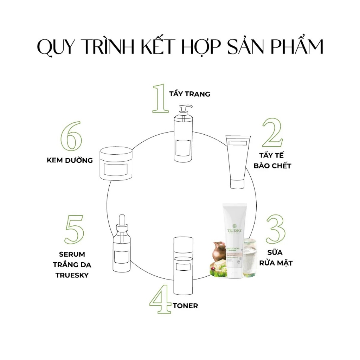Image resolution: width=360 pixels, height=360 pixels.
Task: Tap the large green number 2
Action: click(x=272, y=133)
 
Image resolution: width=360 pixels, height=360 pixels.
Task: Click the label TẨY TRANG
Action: click(x=189, y=94)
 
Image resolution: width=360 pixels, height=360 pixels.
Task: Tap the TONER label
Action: click(x=185, y=306)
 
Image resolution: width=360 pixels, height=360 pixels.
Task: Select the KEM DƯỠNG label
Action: click(x=70, y=160)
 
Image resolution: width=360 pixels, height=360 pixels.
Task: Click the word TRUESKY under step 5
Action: click(x=72, y=275)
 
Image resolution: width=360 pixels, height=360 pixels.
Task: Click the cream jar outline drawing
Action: click(x=116, y=163)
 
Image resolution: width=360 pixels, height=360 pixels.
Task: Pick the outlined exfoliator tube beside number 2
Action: click(x=239, y=162)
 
